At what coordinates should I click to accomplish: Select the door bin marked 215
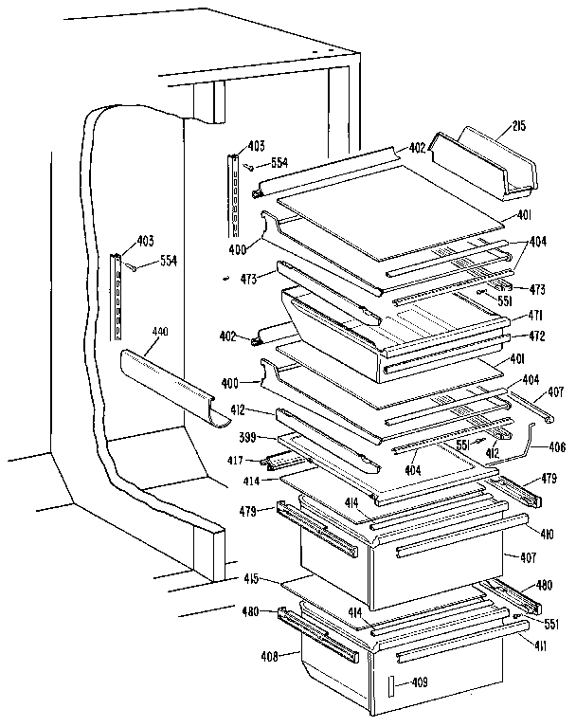click(484, 166)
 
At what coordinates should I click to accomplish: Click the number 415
click(250, 577)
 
